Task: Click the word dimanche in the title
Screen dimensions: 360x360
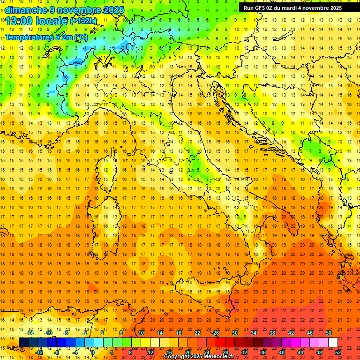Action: (23, 10)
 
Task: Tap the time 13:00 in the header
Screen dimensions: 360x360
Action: (19, 21)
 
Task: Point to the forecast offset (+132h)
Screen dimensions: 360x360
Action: (84, 21)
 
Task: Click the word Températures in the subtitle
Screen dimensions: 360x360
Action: (27, 37)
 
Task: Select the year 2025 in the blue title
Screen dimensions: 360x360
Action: (112, 10)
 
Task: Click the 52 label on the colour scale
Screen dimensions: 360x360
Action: (338, 352)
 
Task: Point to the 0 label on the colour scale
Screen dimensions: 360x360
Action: (93, 352)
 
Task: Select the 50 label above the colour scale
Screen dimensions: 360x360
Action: (329, 333)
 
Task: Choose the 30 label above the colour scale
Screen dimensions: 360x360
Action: (235, 333)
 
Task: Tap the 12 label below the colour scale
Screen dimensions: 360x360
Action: (150, 352)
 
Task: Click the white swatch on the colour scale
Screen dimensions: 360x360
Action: (333, 343)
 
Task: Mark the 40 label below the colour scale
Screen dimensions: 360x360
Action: (282, 352)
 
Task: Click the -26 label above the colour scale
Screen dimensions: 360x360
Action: (215, 333)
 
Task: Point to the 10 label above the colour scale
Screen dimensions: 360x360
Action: (141, 333)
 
